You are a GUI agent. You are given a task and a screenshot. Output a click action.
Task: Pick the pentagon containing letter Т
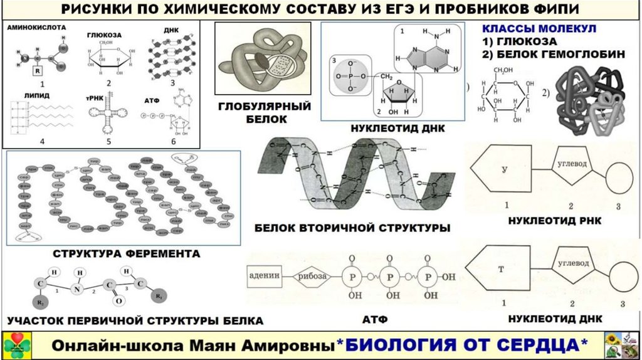(x=502, y=271)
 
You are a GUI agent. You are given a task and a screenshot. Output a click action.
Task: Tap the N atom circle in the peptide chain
(x=79, y=290)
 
